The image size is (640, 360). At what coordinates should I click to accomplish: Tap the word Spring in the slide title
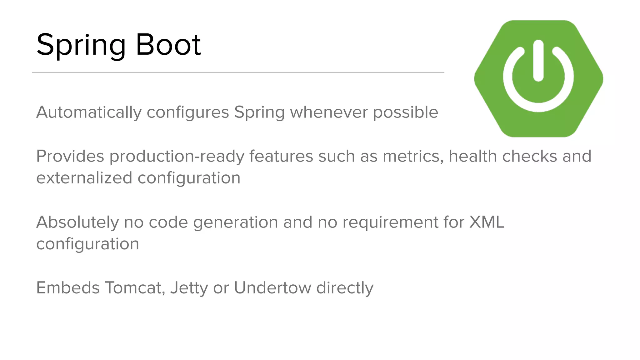pos(81,45)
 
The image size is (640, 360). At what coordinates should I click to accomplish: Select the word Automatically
pos(89,112)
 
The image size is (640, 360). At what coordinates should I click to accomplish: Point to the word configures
pos(188,112)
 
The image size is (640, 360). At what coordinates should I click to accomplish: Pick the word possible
pos(406,112)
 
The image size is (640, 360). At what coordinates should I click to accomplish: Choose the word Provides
pos(70,156)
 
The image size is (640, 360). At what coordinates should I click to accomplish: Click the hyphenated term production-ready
pos(177,157)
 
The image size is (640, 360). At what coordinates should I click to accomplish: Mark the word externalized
pos(84,178)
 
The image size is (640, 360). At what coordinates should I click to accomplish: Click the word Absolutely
pos(77,222)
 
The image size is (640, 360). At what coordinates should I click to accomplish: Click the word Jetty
pos(189,288)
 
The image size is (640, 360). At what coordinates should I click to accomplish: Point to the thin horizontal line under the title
pos(238,72)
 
